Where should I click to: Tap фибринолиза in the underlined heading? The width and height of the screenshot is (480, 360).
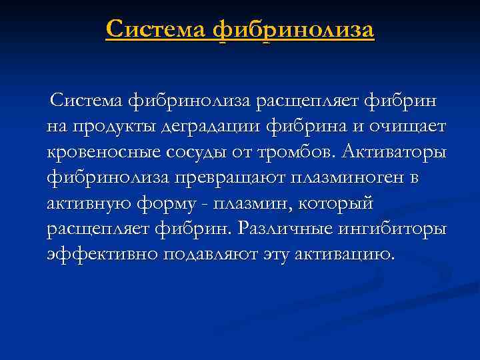[x=294, y=30]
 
